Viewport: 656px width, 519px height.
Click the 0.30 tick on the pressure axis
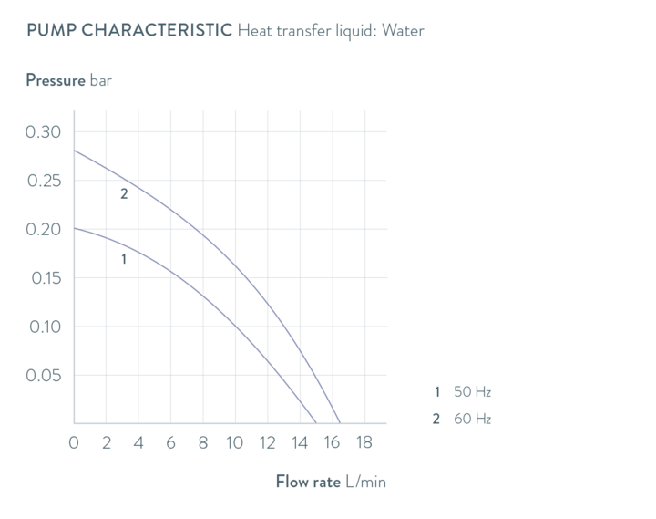point(42,132)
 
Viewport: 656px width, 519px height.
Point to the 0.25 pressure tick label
point(42,181)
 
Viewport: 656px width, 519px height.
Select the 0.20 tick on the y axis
point(42,229)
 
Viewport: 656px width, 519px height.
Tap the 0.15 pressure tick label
point(42,278)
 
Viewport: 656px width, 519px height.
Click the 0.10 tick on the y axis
point(42,327)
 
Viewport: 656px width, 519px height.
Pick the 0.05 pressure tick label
point(42,375)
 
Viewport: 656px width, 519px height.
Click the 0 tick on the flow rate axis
point(74,443)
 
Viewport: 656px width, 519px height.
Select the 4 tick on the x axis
point(138,443)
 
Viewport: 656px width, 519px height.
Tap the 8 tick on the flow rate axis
point(202,443)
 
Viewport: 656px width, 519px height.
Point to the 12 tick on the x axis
point(267,443)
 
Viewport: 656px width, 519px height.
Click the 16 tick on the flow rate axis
point(332,443)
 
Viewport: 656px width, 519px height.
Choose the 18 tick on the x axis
point(364,443)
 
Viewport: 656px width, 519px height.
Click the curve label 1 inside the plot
point(123,259)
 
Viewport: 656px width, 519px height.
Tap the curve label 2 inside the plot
point(124,193)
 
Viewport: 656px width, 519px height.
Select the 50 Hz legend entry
point(472,392)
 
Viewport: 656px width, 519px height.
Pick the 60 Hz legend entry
point(472,419)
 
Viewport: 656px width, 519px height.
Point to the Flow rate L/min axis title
point(331,481)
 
